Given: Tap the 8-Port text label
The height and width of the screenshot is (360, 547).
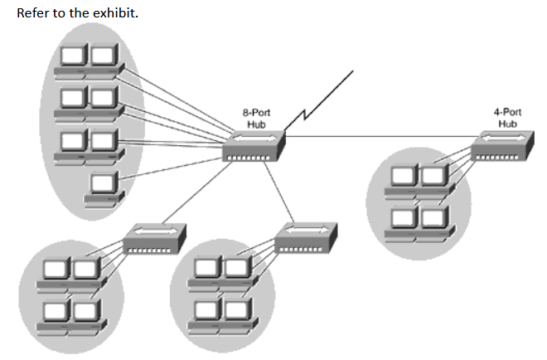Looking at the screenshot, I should pyautogui.click(x=256, y=113).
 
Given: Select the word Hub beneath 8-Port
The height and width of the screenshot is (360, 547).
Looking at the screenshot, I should pyautogui.click(x=256, y=124).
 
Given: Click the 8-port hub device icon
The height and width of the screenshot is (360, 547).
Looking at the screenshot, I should pyautogui.click(x=254, y=147).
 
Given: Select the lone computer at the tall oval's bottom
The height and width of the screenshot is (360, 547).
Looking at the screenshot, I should pyautogui.click(x=103, y=185).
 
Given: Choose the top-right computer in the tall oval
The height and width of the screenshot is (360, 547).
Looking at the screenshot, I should pyautogui.click(x=103, y=59).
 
